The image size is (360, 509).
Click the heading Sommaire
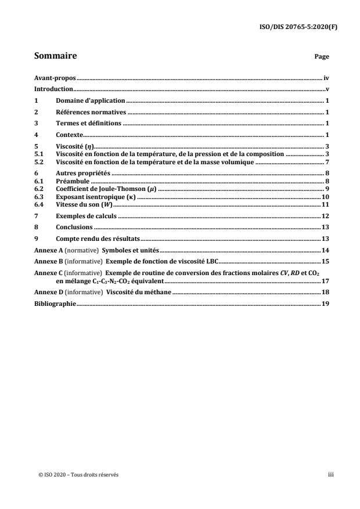(x=56, y=56)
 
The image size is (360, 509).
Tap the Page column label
(x=322, y=57)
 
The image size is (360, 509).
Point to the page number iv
(x=327, y=77)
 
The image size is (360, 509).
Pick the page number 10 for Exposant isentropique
(x=326, y=197)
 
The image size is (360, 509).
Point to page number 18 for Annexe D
(x=326, y=292)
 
